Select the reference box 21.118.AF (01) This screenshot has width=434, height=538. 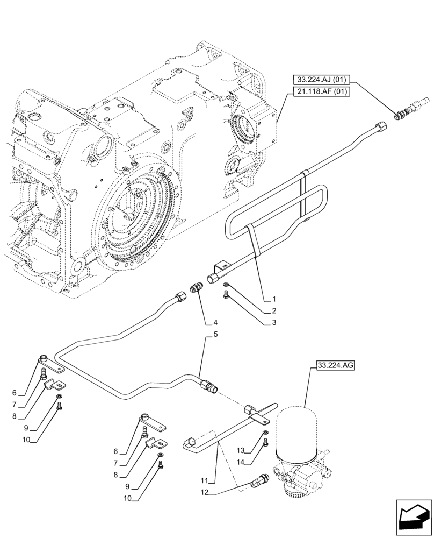322,92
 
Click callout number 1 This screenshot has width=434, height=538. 274,299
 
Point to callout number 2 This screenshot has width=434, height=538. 274,311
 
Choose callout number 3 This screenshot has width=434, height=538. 274,323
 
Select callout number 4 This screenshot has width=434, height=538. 215,323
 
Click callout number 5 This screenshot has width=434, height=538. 215,335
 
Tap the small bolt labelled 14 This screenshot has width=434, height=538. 265,443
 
